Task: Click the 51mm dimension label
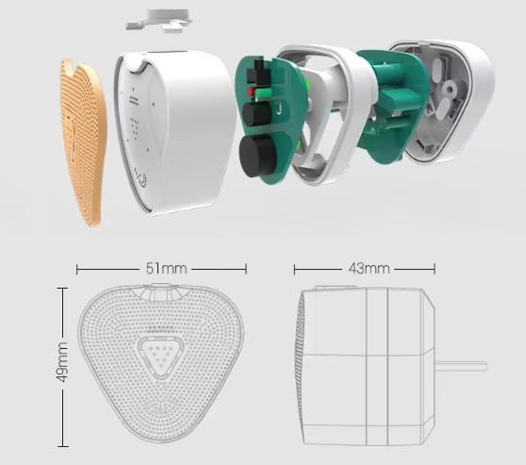pos(167,269)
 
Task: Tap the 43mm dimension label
pos(369,269)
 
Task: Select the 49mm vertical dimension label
pos(61,362)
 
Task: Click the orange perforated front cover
pos(84,141)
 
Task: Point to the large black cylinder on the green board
pos(257,156)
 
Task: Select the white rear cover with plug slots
pos(446,101)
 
